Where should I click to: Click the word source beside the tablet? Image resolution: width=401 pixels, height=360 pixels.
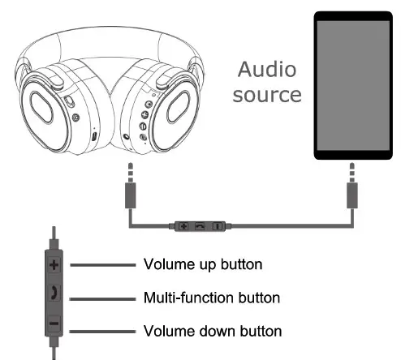point(267,94)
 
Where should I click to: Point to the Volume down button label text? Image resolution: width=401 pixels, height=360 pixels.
point(213,331)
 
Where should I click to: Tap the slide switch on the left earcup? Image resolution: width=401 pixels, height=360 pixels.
point(68,103)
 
